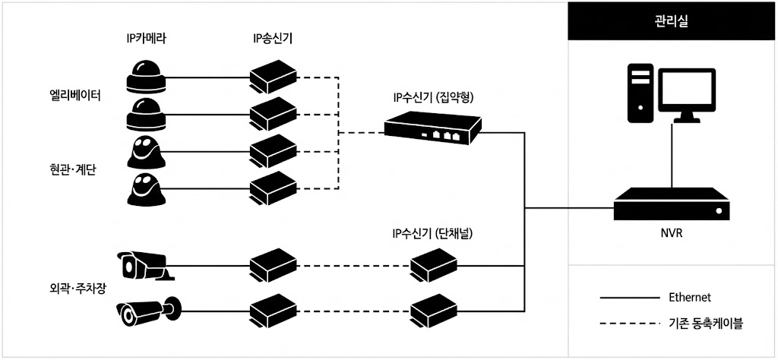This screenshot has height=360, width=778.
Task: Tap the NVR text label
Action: (672, 232)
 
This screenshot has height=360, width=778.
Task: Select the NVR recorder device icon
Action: (672, 204)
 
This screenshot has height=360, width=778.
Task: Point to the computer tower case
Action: (640, 93)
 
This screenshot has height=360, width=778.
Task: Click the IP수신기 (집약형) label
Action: (433, 96)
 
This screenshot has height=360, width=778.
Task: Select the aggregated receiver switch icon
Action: (433, 126)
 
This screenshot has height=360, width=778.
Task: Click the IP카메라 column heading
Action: (146, 38)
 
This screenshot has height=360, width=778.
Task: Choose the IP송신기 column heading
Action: (273, 38)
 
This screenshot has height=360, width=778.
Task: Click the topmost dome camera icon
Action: (147, 75)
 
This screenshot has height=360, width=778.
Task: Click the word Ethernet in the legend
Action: (690, 297)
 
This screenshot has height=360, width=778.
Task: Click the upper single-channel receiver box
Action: (433, 265)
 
